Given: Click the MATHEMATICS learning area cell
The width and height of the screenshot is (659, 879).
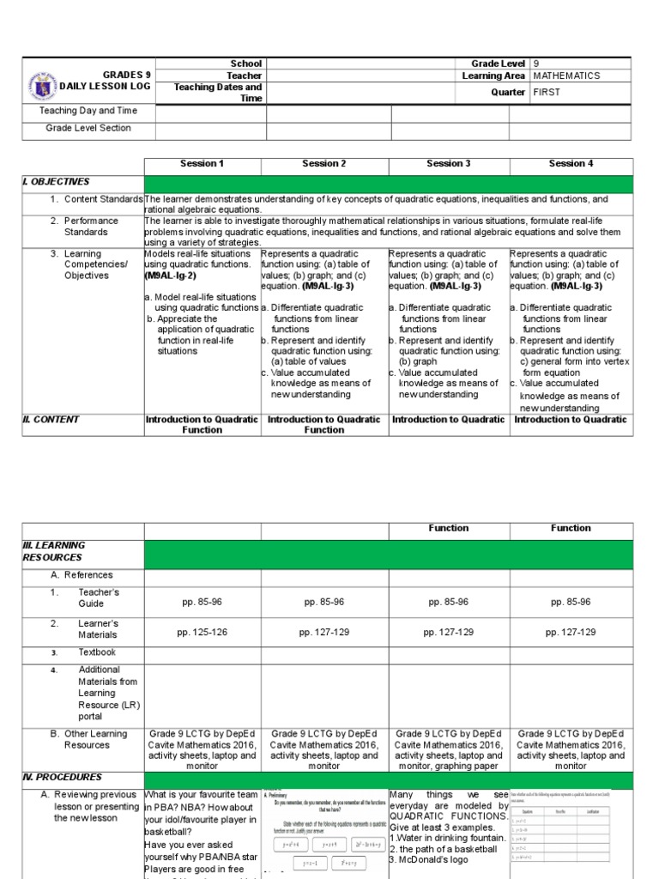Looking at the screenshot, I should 566,76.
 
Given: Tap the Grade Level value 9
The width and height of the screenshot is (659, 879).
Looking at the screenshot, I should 536,64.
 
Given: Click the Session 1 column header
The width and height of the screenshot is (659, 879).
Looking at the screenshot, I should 202,163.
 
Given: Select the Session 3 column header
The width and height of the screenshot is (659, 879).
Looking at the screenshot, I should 449,163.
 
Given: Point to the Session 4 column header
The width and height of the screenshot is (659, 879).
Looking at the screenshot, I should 571,163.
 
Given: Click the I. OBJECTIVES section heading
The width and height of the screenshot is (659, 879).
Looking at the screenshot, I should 56,182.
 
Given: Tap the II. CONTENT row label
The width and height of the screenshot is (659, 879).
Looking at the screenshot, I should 51,420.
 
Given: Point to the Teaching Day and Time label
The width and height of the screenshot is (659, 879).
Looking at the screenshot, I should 88,111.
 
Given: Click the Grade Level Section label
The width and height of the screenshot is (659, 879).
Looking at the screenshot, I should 88,128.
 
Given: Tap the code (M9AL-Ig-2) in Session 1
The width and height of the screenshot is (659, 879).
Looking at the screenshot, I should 170,276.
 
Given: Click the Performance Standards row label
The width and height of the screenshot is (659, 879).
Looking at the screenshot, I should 93,226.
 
